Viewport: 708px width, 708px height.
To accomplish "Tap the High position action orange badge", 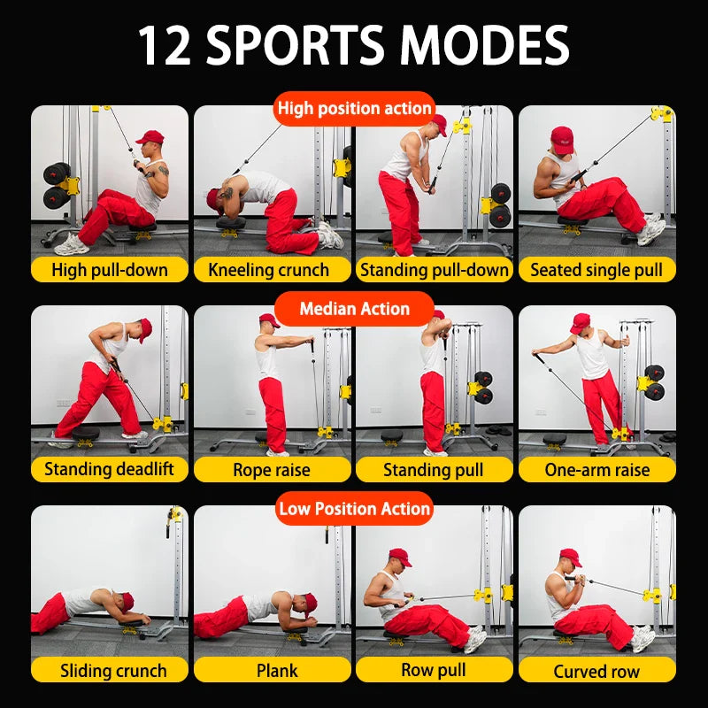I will pos(354,109).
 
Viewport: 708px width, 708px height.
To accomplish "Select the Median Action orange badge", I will pos(354,309).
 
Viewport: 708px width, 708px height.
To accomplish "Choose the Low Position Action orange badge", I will pos(354,509).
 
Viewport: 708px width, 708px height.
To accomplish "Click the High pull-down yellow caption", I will pos(110,270).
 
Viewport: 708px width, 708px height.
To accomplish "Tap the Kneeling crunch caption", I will pos(273,270).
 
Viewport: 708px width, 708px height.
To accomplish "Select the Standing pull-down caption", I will pos(435,270).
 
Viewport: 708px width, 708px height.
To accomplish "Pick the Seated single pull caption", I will pos(596,270).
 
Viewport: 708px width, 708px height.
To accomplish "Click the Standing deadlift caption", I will pos(110,470).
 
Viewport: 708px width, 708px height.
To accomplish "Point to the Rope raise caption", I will pos(273,470).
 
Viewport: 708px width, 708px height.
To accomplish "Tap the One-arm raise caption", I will pos(596,470).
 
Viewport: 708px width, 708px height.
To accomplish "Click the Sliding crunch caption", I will pos(110,670).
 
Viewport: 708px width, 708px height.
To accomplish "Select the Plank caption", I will pos(273,670).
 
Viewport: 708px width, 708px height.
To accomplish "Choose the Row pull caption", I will pos(435,670).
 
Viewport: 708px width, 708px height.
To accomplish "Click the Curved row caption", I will pos(596,670).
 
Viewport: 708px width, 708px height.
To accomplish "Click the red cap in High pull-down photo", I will pos(150,137).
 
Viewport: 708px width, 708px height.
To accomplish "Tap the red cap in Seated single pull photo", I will pos(561,138).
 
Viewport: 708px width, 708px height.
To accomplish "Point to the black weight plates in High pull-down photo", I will pos(58,183).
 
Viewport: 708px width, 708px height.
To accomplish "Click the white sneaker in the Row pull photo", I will pos(475,638).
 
